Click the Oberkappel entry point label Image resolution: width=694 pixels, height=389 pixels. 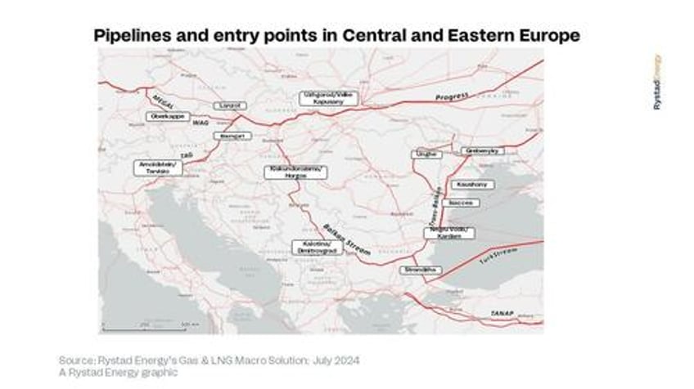coord(168,117)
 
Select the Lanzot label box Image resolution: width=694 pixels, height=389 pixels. coord(228,105)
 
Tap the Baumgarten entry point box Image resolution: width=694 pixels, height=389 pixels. coord(232,136)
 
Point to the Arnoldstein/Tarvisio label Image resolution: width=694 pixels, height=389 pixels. coord(159,167)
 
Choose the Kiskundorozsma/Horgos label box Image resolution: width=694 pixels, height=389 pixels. coord(295,172)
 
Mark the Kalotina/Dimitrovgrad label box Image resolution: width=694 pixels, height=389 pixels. coord(318,247)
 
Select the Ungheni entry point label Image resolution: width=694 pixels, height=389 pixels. coord(426,154)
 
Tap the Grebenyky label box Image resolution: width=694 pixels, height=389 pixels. coord(482,151)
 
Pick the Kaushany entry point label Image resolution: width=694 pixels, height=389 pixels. coord(471,185)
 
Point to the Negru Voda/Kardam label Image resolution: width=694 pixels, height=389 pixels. coord(448,233)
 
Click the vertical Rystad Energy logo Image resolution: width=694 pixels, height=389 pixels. coord(657,83)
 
